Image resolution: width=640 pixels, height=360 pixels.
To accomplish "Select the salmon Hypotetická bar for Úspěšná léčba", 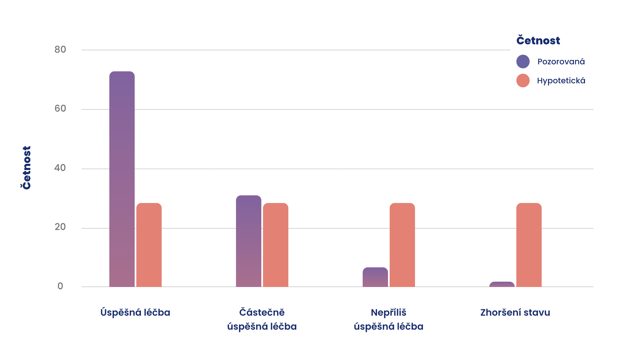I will (149, 245).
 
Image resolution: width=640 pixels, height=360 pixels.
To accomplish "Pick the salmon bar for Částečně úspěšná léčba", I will (276, 245).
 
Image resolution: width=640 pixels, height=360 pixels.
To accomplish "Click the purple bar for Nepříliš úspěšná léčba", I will (375, 277).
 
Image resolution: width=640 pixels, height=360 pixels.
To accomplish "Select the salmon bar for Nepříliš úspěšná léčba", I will (402, 245).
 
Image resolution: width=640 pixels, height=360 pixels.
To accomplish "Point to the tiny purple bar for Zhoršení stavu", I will (502, 284).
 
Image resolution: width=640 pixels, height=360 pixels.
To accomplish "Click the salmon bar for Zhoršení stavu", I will (529, 245).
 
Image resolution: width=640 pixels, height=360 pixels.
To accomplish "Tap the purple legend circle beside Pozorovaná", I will (523, 62).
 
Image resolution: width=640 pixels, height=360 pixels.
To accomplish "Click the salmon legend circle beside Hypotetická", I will (523, 81).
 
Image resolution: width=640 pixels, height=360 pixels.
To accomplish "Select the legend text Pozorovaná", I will (561, 62).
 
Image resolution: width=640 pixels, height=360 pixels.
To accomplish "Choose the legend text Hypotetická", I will (561, 81).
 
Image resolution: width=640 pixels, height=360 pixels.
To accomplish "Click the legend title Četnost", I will (538, 40).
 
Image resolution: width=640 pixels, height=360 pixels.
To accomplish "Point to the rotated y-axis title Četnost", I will (26, 168).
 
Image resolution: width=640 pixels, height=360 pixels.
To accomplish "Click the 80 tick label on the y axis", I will (60, 50).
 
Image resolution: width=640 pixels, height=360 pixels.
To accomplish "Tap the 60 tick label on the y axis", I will (60, 109).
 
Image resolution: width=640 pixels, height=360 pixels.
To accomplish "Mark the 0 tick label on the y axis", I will (60, 286).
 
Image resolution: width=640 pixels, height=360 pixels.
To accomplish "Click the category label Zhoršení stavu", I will (515, 313).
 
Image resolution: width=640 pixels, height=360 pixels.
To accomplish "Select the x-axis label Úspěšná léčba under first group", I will (135, 313).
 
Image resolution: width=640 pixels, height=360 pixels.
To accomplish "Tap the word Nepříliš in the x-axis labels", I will (389, 313).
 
